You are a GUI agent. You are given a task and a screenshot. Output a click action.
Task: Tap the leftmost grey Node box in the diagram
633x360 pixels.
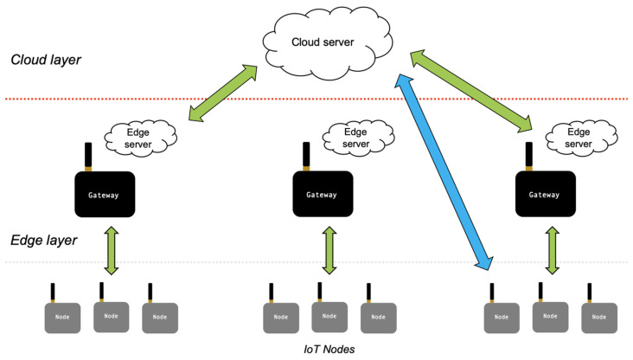(62, 317)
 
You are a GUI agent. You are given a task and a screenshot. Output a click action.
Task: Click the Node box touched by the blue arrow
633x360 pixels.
(501, 317)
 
